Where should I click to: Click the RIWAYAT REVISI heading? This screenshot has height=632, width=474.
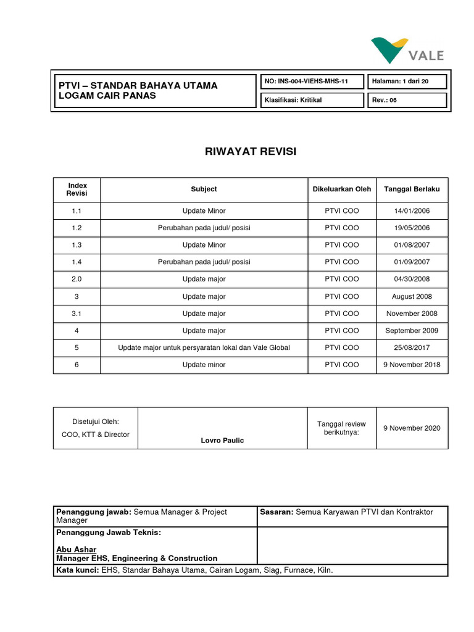tap(251, 151)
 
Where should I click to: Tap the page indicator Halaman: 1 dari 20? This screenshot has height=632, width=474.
tap(407, 81)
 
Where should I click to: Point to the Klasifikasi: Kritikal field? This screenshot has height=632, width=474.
tap(294, 100)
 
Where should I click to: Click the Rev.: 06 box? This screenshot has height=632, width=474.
tap(407, 100)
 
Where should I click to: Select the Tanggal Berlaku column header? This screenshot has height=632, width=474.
tap(412, 189)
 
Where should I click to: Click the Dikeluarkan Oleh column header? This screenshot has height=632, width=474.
tap(342, 189)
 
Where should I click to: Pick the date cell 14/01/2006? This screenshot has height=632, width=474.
tap(412, 211)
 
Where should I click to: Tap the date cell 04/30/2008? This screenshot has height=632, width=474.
tap(412, 280)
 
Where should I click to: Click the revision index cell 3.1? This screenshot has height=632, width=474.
tap(77, 314)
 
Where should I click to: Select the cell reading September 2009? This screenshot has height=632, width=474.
tap(412, 331)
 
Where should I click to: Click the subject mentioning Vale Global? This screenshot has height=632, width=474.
tap(204, 348)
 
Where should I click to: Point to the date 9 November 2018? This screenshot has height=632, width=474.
tap(412, 365)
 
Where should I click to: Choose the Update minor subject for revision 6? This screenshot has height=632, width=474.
tap(204, 365)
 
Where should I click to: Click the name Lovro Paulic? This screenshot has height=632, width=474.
tap(223, 440)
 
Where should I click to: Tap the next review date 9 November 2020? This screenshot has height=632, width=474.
tap(412, 428)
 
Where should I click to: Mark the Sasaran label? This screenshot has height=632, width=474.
tap(276, 512)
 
